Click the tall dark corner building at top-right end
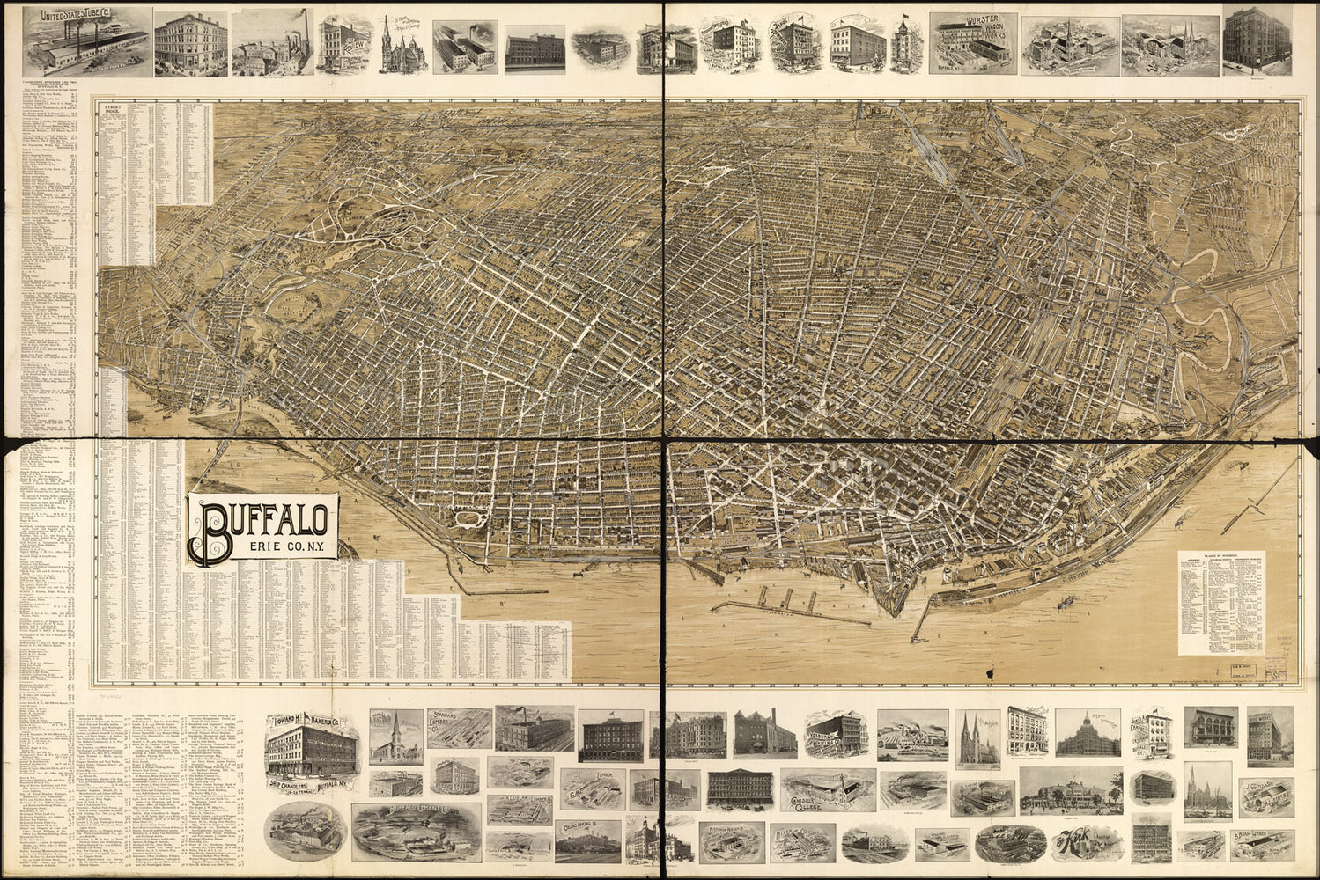tap(1257, 39)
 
